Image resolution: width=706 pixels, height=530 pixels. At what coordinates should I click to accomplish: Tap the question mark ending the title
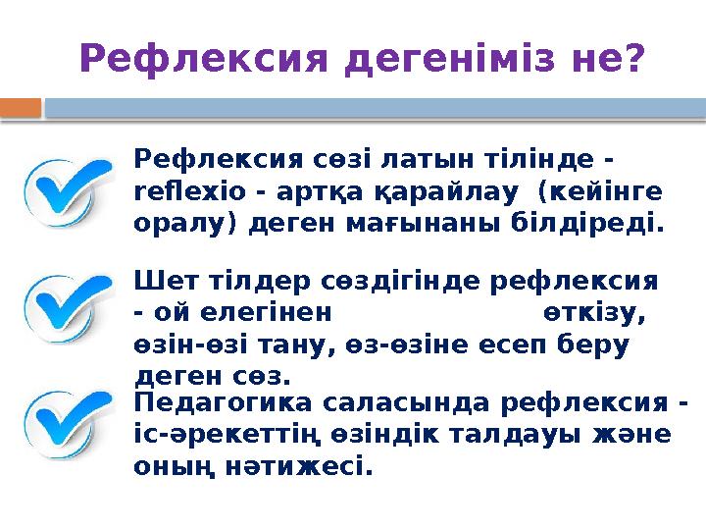[x=633, y=59]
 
